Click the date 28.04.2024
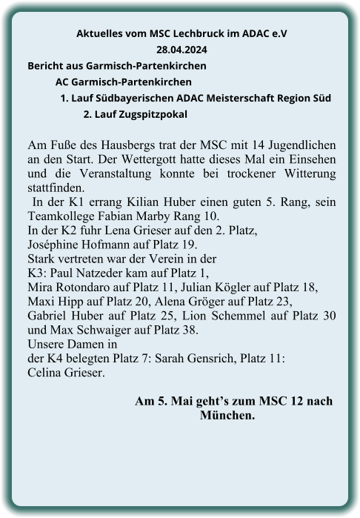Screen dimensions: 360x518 tap(182, 51)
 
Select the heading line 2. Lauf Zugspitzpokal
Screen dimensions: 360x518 tap(136, 114)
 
